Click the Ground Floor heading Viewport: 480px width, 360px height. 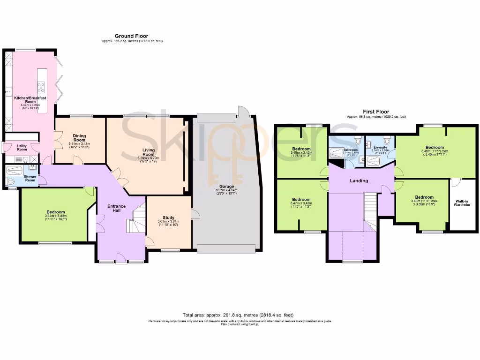pos(132,36)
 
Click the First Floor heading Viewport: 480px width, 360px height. pos(376,112)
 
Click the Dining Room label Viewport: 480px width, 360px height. pos(79,138)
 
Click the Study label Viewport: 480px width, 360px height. pos(168,217)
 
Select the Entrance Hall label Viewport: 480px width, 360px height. pos(117,209)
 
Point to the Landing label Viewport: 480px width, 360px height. pos(360,180)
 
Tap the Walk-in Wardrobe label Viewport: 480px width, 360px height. pos(463,203)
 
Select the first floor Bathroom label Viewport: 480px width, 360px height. pos(350,148)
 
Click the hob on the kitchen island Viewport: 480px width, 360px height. pos(41,87)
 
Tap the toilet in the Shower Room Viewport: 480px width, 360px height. pos(11,181)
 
